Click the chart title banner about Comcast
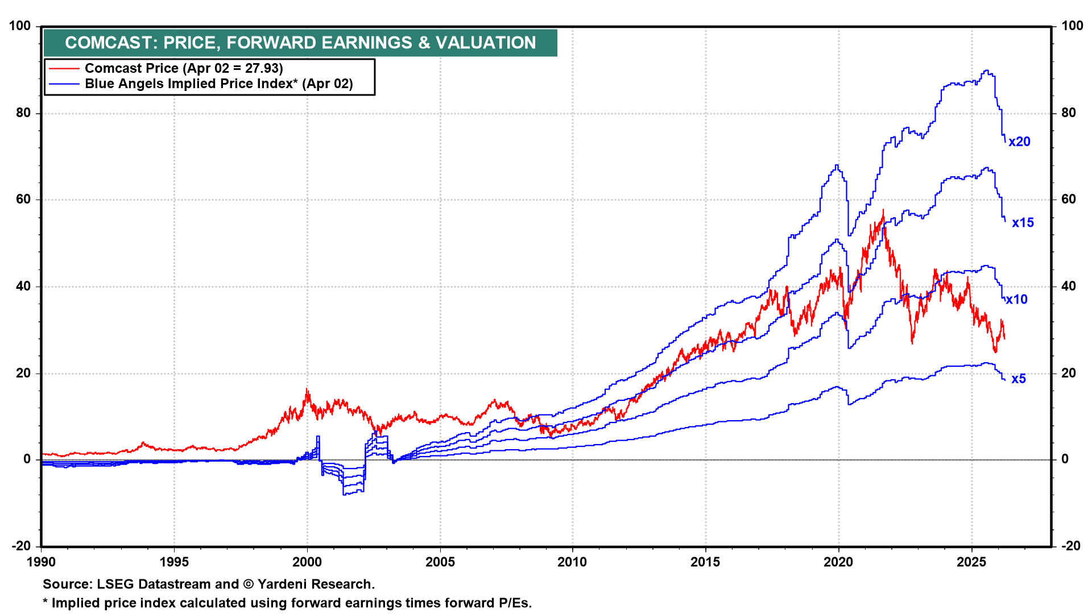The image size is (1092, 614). click(x=300, y=43)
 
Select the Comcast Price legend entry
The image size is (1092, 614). click(x=184, y=68)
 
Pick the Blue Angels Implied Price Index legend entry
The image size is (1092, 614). click(x=219, y=84)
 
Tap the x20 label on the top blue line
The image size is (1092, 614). click(x=1019, y=142)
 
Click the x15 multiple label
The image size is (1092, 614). click(x=1023, y=223)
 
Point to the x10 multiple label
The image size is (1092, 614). click(x=1016, y=300)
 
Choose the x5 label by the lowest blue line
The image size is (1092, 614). click(x=1019, y=379)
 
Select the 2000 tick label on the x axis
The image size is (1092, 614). click(x=307, y=562)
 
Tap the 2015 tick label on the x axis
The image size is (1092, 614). click(x=705, y=562)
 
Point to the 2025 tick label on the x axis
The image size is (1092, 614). click(x=971, y=562)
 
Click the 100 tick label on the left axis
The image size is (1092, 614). click(x=20, y=26)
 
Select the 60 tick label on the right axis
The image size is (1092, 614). click(x=1069, y=199)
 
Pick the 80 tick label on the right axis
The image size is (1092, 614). click(x=1069, y=113)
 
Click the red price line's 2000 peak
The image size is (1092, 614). click(x=307, y=389)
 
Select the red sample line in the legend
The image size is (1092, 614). click(x=64, y=68)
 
